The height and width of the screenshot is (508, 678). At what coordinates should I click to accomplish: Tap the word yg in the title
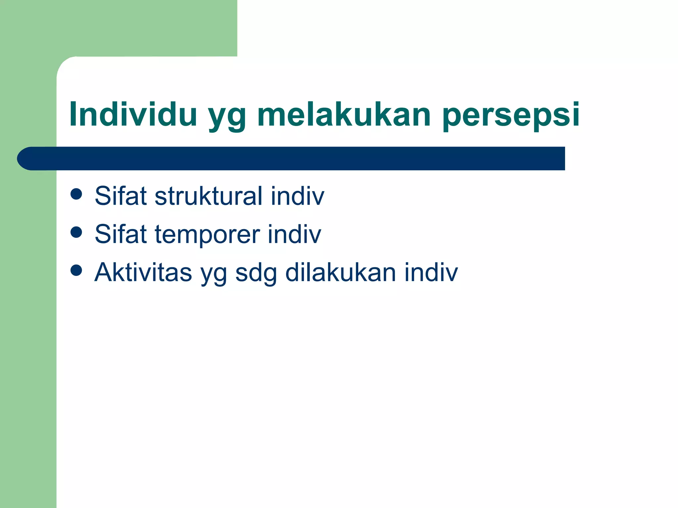(227, 117)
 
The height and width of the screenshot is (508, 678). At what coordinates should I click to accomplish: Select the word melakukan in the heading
(344, 114)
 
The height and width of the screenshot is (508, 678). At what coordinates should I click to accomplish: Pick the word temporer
(207, 234)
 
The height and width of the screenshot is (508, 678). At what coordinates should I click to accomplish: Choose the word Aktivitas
(143, 272)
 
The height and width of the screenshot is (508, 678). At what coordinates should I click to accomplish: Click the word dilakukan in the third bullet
(341, 272)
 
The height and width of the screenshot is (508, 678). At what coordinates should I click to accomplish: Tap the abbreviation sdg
(256, 274)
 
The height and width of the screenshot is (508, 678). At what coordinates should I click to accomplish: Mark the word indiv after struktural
(297, 196)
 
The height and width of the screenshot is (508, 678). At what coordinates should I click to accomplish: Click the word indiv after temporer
(294, 234)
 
